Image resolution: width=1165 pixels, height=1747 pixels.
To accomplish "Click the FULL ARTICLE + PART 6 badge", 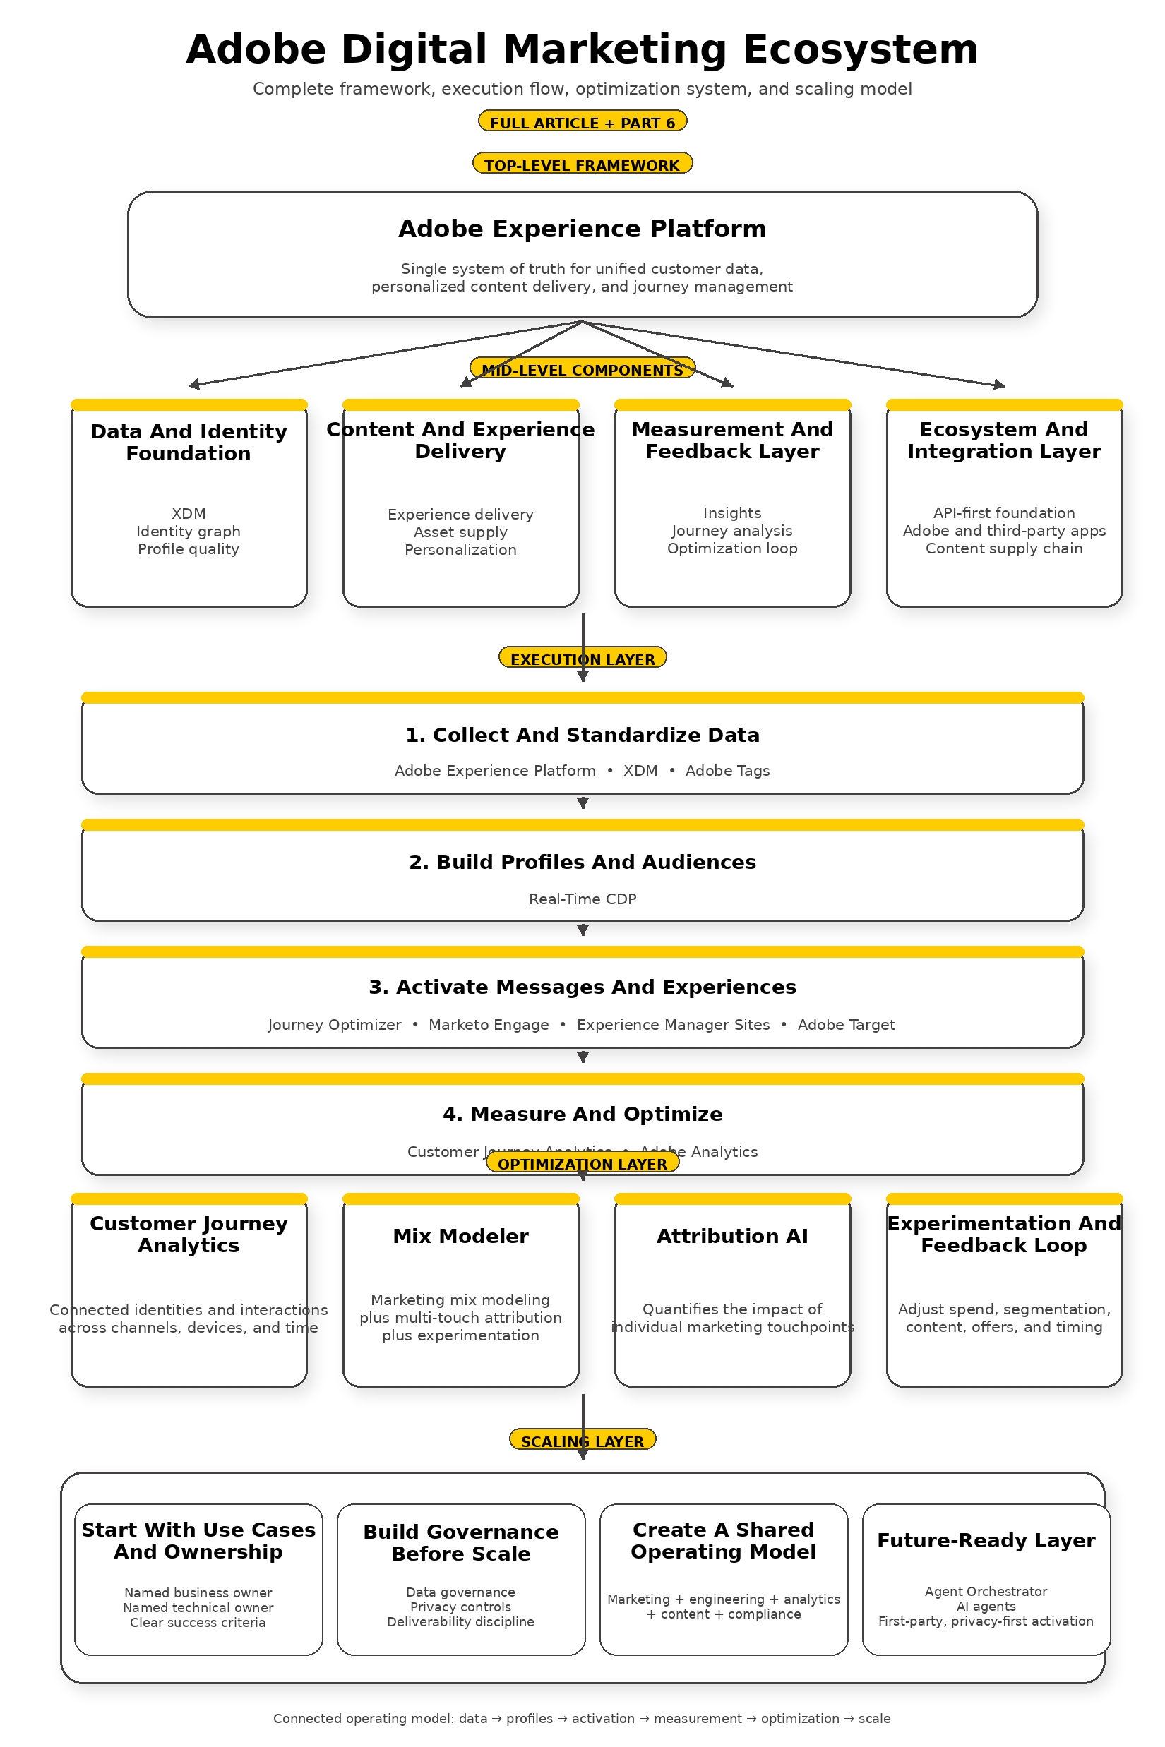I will click(x=582, y=122).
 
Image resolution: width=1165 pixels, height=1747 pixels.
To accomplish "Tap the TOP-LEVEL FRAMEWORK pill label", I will click(x=582, y=164).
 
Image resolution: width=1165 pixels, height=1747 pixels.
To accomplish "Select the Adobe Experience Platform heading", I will click(x=582, y=229).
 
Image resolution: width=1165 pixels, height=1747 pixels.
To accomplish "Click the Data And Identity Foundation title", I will click(x=189, y=442).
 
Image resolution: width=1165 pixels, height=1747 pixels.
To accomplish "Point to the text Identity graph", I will click(x=189, y=531).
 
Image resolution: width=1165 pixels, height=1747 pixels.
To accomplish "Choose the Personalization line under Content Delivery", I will click(x=460, y=550).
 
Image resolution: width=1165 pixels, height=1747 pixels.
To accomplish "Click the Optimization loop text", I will click(x=732, y=548).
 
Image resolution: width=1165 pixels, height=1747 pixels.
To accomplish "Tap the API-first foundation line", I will click(x=1004, y=512).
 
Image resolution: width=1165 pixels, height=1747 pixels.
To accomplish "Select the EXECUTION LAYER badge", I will click(x=582, y=659).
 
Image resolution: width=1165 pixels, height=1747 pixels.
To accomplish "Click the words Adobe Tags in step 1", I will click(x=727, y=770).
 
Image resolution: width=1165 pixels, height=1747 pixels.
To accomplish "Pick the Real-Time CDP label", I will click(x=582, y=899).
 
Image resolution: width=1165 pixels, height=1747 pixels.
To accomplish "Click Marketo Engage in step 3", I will click(x=488, y=1024).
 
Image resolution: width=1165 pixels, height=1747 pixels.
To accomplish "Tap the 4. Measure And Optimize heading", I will click(x=582, y=1113).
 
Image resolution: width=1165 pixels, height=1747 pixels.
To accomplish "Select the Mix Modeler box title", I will click(x=460, y=1236).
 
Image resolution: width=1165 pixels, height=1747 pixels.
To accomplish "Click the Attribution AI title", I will click(x=732, y=1236).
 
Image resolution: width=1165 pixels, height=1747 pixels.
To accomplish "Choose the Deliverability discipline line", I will click(x=460, y=1621).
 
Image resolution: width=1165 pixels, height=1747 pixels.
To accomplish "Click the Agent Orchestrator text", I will click(x=985, y=1591).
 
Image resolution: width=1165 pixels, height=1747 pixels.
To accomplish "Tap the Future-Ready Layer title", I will click(x=986, y=1540).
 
